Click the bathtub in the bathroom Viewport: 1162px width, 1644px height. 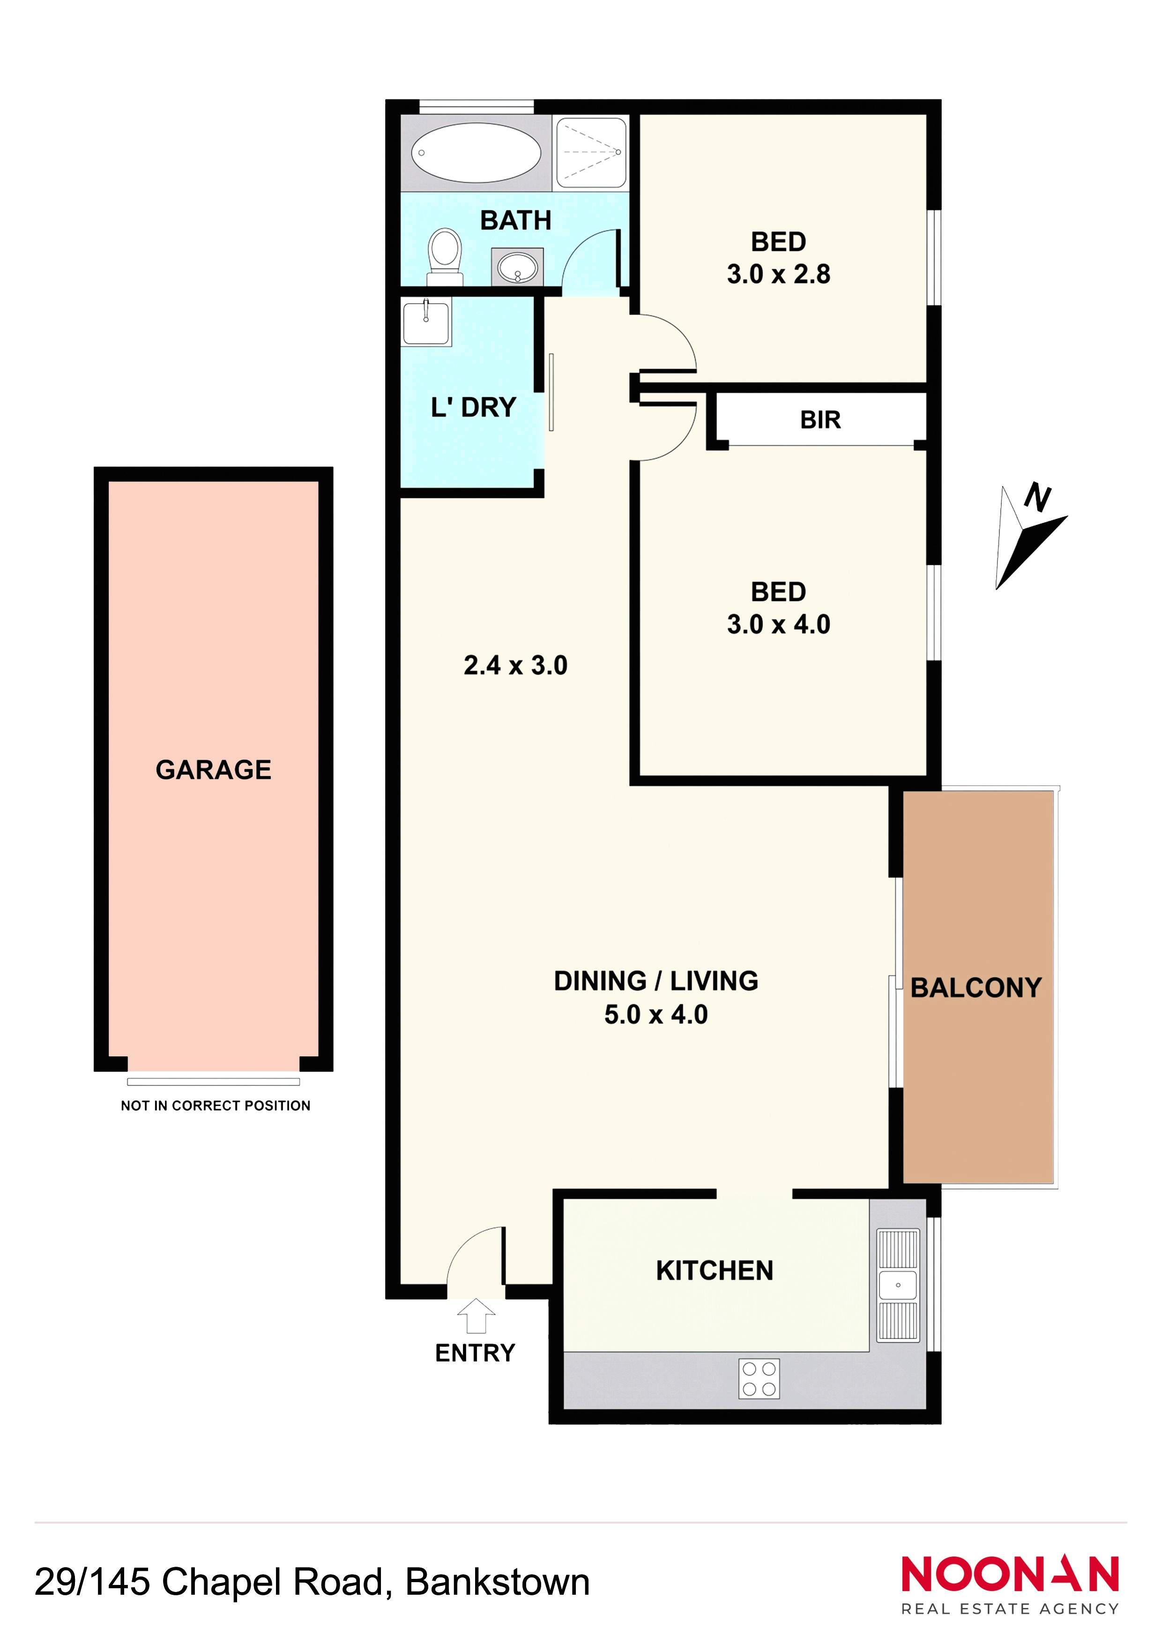click(476, 152)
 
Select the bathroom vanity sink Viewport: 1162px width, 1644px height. click(517, 267)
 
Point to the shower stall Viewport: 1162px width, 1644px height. click(591, 152)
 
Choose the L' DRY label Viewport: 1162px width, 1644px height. click(473, 407)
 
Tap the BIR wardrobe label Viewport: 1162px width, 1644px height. click(820, 419)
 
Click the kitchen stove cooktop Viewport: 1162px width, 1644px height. click(759, 1378)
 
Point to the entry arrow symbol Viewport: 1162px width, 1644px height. click(476, 1316)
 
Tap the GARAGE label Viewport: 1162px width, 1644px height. click(213, 770)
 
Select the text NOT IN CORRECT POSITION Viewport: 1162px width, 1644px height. click(216, 1106)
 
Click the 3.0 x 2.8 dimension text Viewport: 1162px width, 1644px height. click(778, 274)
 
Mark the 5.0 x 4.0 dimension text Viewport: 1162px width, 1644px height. click(656, 1015)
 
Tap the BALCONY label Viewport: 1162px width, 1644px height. click(976, 988)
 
